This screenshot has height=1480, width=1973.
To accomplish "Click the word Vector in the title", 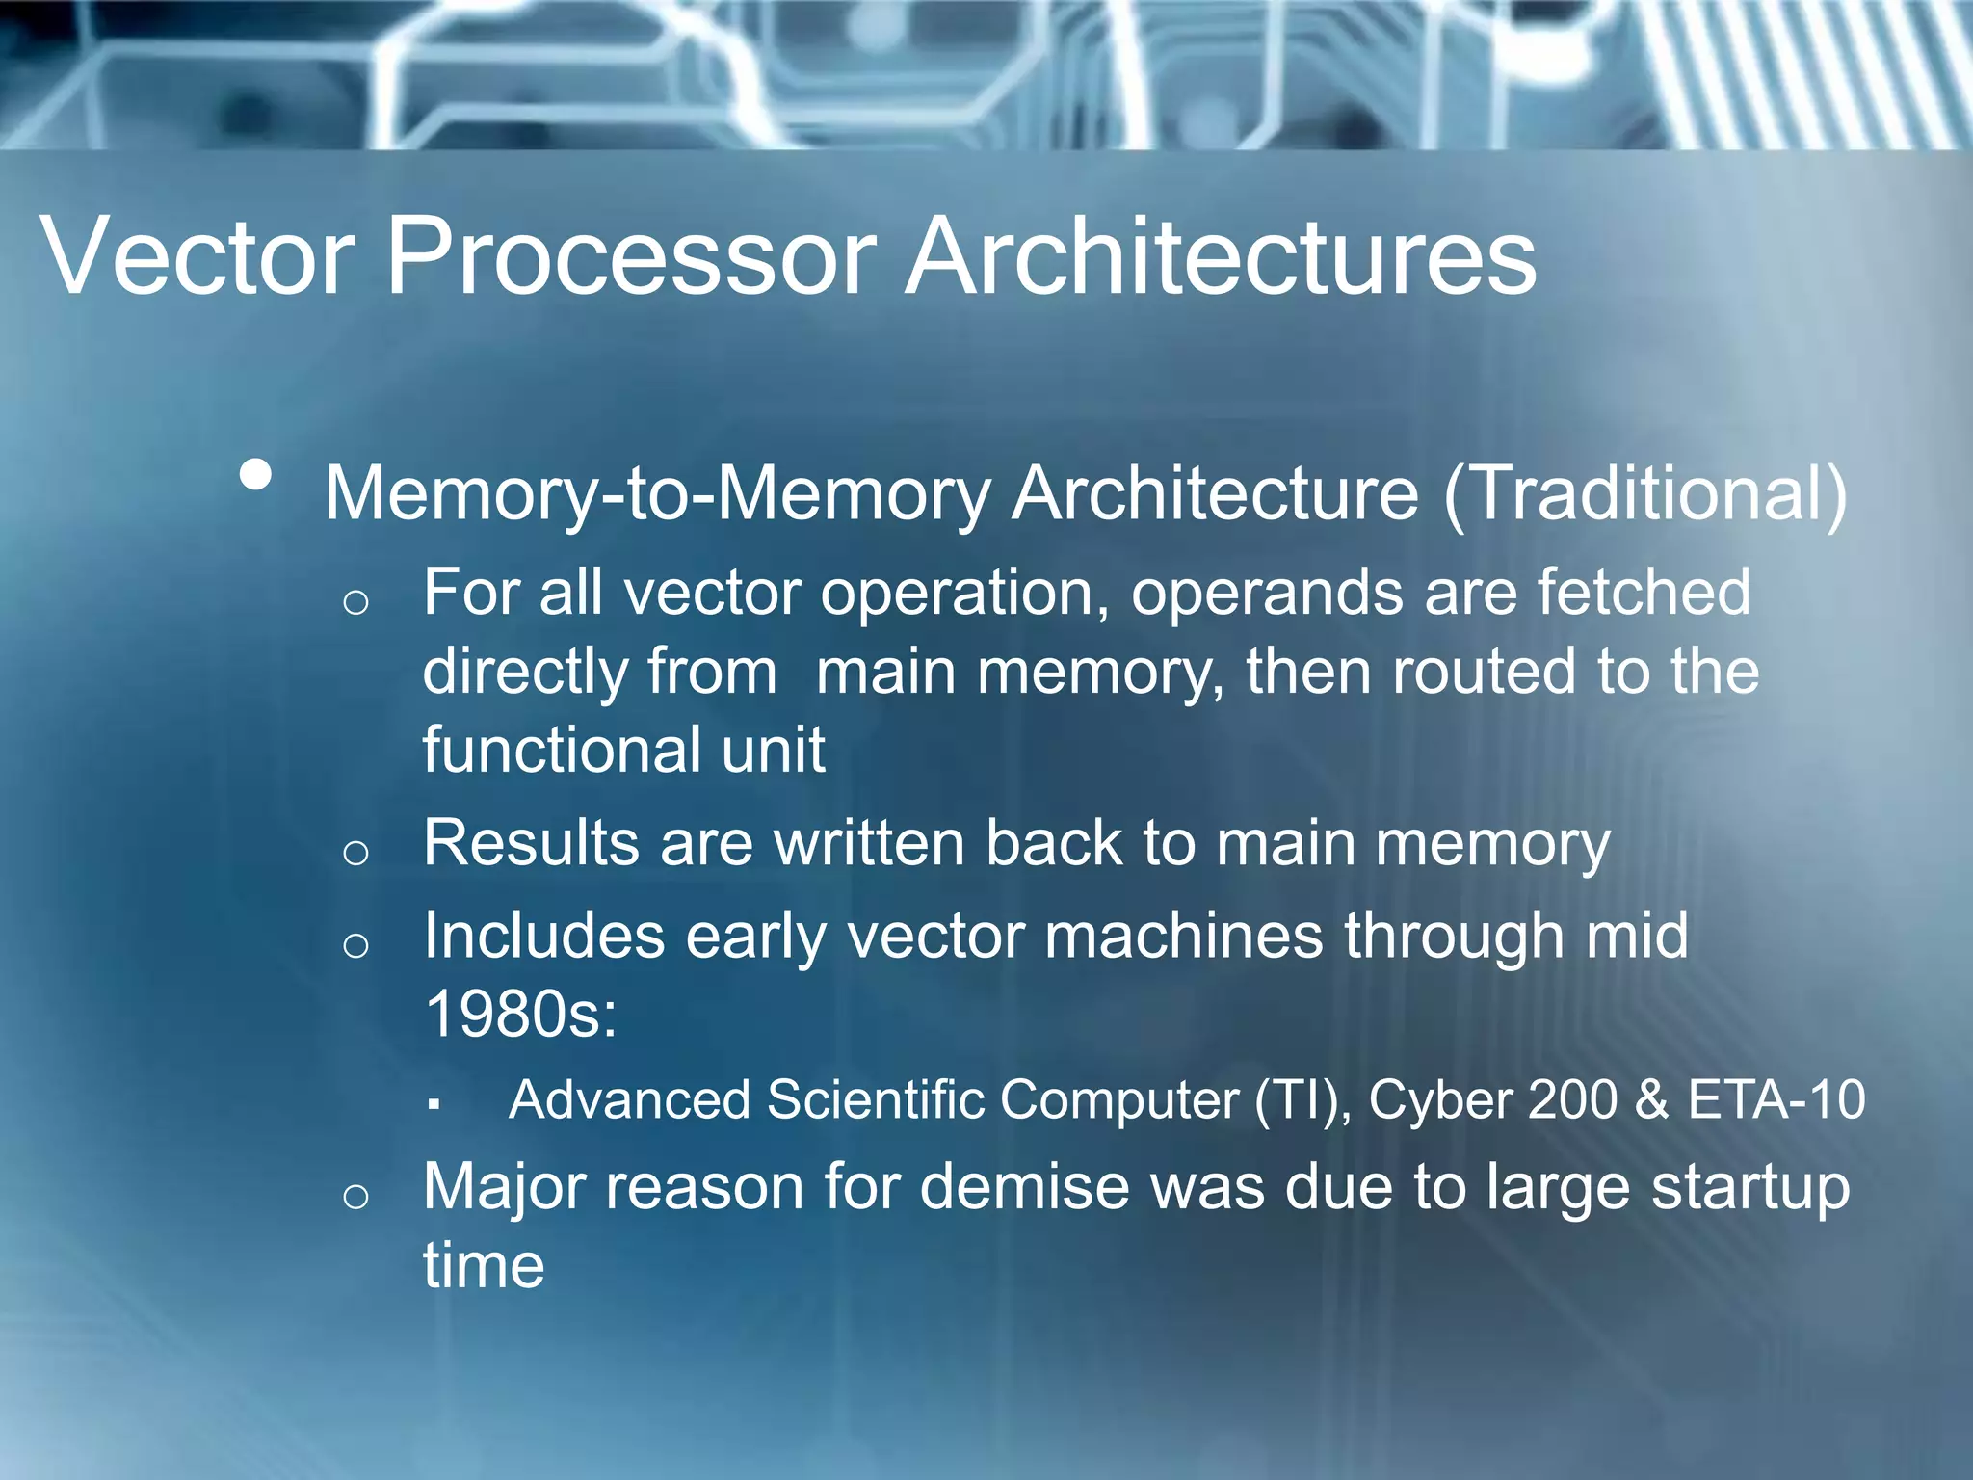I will (197, 256).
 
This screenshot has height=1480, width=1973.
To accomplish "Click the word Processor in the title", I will (631, 256).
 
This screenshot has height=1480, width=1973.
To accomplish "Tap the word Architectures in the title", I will (1221, 256).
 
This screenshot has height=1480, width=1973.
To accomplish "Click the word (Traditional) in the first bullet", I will (1645, 493).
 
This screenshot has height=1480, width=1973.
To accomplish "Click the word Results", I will (531, 843).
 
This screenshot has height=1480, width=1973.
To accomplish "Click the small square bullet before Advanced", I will (434, 1104).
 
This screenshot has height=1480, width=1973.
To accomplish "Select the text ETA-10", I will (1776, 1099).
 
